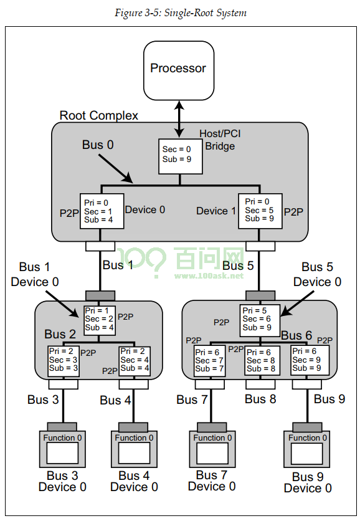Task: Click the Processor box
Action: (x=179, y=70)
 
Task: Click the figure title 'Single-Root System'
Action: (x=205, y=12)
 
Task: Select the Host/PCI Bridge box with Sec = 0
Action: (x=181, y=156)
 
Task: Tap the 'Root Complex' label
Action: (x=98, y=115)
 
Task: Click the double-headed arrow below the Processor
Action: (x=179, y=119)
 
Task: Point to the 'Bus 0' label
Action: (x=98, y=145)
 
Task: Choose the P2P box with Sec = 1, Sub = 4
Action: (x=102, y=211)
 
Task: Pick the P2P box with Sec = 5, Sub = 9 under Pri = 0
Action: (x=260, y=211)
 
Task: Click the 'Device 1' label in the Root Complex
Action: (x=216, y=211)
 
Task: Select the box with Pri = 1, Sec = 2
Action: (x=100, y=320)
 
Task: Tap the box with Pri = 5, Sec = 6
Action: (x=260, y=320)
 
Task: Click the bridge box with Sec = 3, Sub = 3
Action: (x=64, y=361)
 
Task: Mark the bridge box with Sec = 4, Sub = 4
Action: (x=135, y=361)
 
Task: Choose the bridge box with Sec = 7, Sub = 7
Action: (x=210, y=361)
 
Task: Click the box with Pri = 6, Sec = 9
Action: (x=310, y=360)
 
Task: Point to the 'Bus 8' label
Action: (x=260, y=399)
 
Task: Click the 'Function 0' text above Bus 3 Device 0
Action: (x=62, y=438)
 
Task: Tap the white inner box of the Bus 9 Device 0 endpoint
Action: (x=306, y=453)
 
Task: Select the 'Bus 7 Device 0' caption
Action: (x=212, y=481)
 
